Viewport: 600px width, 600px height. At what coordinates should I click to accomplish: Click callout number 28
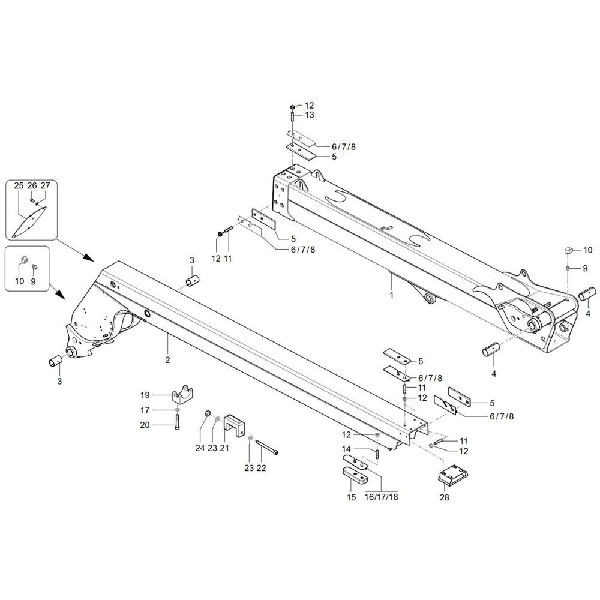(x=443, y=497)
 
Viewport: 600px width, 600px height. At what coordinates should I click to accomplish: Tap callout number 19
(x=145, y=395)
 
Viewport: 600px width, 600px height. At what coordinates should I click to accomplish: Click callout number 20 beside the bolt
(x=145, y=425)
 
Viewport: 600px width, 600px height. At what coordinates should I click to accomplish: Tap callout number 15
(x=352, y=497)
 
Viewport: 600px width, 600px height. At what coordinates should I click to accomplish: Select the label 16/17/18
(x=381, y=497)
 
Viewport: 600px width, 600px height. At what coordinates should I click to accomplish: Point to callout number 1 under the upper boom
(x=392, y=295)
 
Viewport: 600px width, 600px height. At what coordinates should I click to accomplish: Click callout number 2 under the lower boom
(x=167, y=360)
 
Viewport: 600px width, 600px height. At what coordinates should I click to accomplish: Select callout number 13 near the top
(x=310, y=115)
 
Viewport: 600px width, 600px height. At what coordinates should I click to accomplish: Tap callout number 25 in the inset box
(x=19, y=185)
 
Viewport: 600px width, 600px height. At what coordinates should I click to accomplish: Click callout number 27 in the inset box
(x=45, y=185)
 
